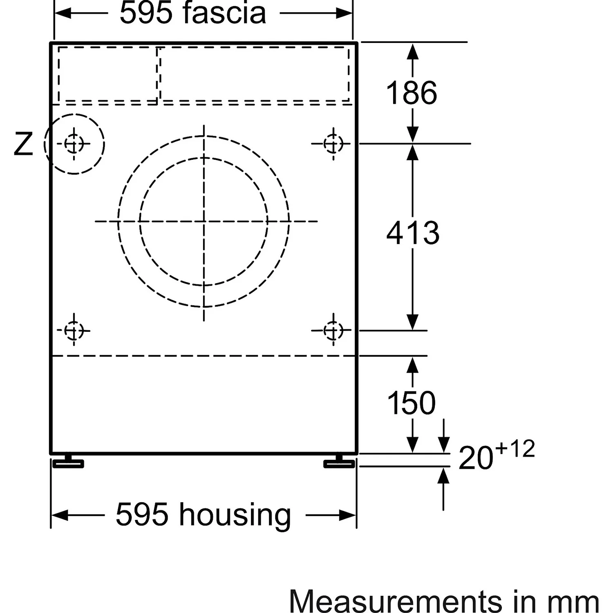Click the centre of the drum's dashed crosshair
point(204,221)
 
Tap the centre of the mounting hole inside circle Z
point(74,144)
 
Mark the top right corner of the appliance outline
point(357,43)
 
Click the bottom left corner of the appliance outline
point(51,453)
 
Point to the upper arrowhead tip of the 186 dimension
point(413,43)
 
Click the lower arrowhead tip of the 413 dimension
point(413,330)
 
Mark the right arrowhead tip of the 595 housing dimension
point(356,515)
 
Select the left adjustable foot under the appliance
point(68,461)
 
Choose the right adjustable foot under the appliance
point(339,461)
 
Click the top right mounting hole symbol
point(333,144)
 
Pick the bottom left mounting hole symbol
point(74,330)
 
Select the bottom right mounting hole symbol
point(333,330)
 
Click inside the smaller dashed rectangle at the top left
point(108,74)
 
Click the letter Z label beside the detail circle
point(23,144)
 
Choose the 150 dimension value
point(411,403)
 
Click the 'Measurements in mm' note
point(444,601)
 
